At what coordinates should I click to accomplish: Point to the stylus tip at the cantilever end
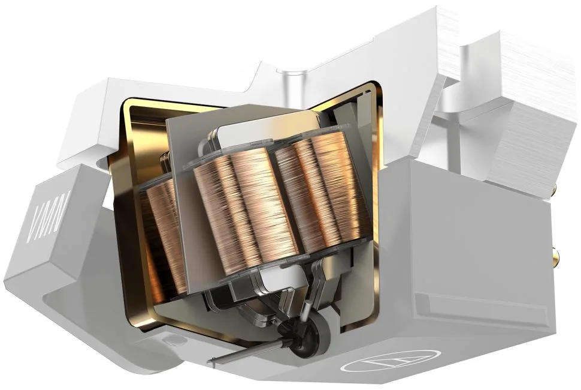pyautogui.click(x=212, y=360)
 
